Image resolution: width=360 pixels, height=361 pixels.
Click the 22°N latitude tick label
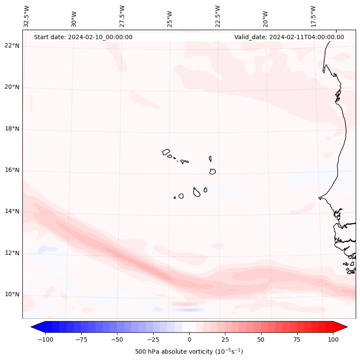click(12, 46)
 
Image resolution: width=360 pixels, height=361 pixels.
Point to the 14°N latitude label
click(12, 211)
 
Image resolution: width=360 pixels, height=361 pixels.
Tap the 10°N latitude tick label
click(12, 294)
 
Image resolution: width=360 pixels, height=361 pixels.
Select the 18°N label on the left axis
click(12, 129)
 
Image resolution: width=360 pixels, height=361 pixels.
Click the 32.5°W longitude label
click(27, 16)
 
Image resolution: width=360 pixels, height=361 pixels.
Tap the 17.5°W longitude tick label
click(313, 16)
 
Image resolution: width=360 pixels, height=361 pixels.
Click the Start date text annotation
click(83, 37)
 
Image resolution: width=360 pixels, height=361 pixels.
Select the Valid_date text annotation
click(289, 37)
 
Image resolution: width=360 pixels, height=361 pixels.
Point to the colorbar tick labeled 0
click(189, 339)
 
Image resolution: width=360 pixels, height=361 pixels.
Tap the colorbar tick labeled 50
click(261, 339)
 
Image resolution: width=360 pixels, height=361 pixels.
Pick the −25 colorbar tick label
click(153, 339)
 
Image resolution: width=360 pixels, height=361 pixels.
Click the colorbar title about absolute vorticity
click(189, 352)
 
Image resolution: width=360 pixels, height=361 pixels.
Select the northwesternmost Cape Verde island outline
click(166, 152)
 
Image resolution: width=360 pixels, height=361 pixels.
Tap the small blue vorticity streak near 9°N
click(189, 309)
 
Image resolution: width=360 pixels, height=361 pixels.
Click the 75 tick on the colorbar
click(297, 339)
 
